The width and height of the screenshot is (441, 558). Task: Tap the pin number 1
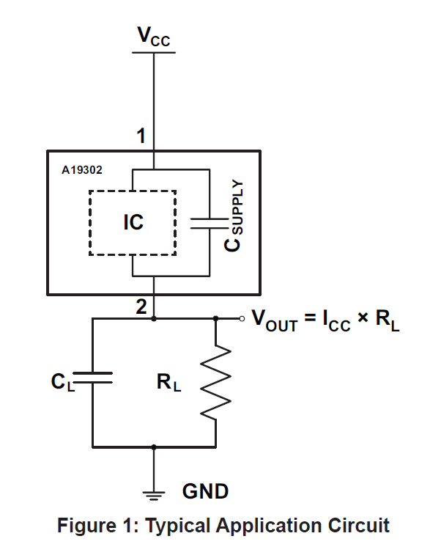(141, 136)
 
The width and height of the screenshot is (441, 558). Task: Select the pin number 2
(141, 308)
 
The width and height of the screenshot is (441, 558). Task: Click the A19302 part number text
(82, 169)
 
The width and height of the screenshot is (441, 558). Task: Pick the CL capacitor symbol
(93, 377)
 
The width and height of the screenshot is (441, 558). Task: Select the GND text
(204, 491)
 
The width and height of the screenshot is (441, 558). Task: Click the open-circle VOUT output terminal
(243, 318)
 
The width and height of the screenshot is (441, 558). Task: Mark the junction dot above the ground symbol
(154, 446)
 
